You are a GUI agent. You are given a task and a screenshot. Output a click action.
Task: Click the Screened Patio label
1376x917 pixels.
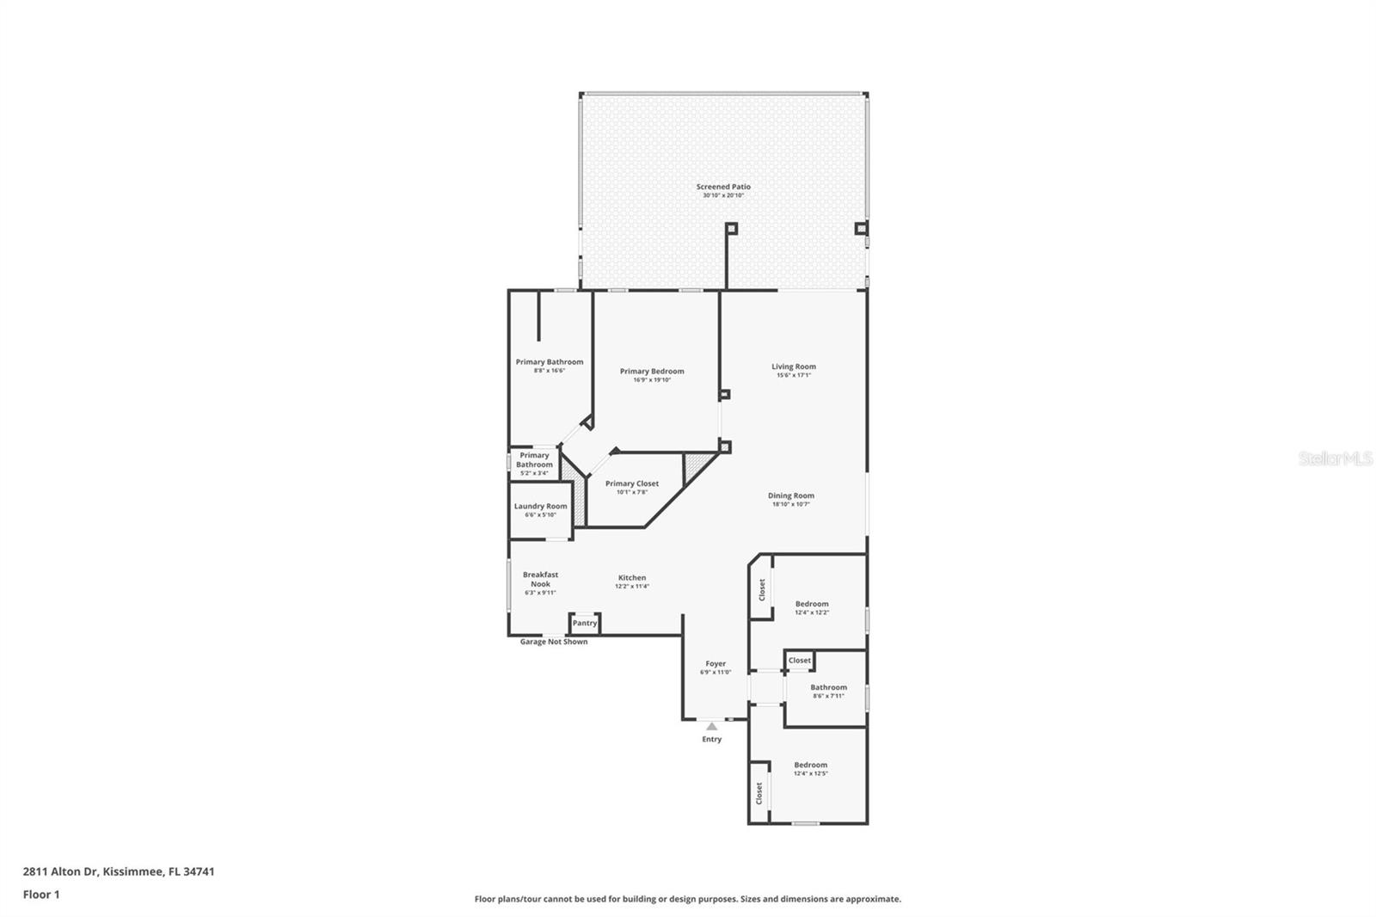click(723, 187)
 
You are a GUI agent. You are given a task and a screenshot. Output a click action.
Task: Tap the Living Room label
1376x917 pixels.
click(793, 366)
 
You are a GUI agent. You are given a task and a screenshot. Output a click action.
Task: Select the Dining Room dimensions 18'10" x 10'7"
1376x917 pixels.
click(790, 505)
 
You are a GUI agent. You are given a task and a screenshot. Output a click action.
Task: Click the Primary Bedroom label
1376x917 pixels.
click(652, 372)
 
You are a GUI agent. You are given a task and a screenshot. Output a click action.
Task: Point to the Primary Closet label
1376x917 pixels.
click(631, 483)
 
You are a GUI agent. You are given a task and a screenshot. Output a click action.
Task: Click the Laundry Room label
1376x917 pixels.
click(540, 507)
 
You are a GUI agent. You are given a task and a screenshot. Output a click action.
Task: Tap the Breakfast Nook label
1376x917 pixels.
click(540, 579)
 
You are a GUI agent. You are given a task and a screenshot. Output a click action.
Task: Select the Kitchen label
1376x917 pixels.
click(631, 578)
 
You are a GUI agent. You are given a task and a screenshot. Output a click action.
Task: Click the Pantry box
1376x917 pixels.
click(585, 623)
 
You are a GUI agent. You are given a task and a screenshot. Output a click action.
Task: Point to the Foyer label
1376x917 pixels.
click(716, 664)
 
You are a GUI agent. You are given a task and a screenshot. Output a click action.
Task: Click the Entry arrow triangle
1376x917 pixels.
click(711, 727)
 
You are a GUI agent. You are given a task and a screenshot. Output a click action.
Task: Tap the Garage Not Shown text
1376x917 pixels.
click(554, 642)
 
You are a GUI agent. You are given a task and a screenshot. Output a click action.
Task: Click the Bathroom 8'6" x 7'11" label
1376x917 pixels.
click(828, 687)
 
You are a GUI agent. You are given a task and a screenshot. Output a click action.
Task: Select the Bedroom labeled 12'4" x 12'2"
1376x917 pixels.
click(811, 604)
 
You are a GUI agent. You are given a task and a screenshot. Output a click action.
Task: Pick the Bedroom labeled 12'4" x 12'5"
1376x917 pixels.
click(810, 765)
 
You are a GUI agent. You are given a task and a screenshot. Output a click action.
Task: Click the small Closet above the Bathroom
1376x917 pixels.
click(800, 661)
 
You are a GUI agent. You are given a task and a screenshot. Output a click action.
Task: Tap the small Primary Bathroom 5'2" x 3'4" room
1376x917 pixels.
click(534, 464)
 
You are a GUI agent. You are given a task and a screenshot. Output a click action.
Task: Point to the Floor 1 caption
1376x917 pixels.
click(41, 895)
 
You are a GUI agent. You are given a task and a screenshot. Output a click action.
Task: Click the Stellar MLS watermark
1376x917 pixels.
click(1336, 459)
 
